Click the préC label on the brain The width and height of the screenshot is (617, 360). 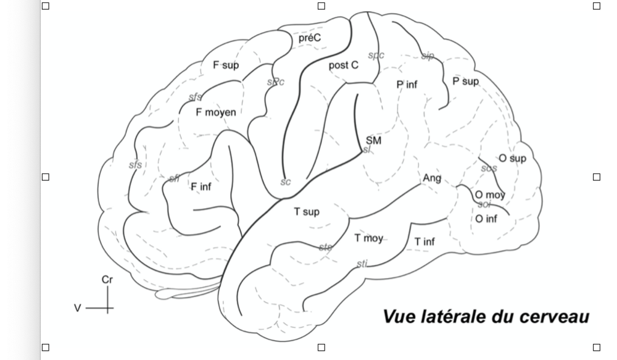309,38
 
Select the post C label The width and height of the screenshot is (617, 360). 343,64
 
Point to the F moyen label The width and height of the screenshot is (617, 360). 215,112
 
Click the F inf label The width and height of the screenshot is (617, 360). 201,186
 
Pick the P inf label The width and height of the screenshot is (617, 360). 407,84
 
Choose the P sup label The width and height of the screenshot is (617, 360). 465,80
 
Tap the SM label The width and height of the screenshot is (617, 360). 373,140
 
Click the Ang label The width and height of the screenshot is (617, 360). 432,178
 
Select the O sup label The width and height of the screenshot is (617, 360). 512,158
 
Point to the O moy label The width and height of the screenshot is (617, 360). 490,195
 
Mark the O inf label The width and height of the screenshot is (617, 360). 487,218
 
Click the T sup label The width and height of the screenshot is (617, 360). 306,212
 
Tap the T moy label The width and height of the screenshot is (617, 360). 368,238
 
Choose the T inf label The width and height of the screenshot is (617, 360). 424,241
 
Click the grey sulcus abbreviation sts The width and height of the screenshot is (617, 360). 325,247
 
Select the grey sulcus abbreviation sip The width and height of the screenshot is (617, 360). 428,56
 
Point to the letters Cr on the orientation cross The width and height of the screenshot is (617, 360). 107,280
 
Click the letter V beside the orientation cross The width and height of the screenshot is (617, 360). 78,307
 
